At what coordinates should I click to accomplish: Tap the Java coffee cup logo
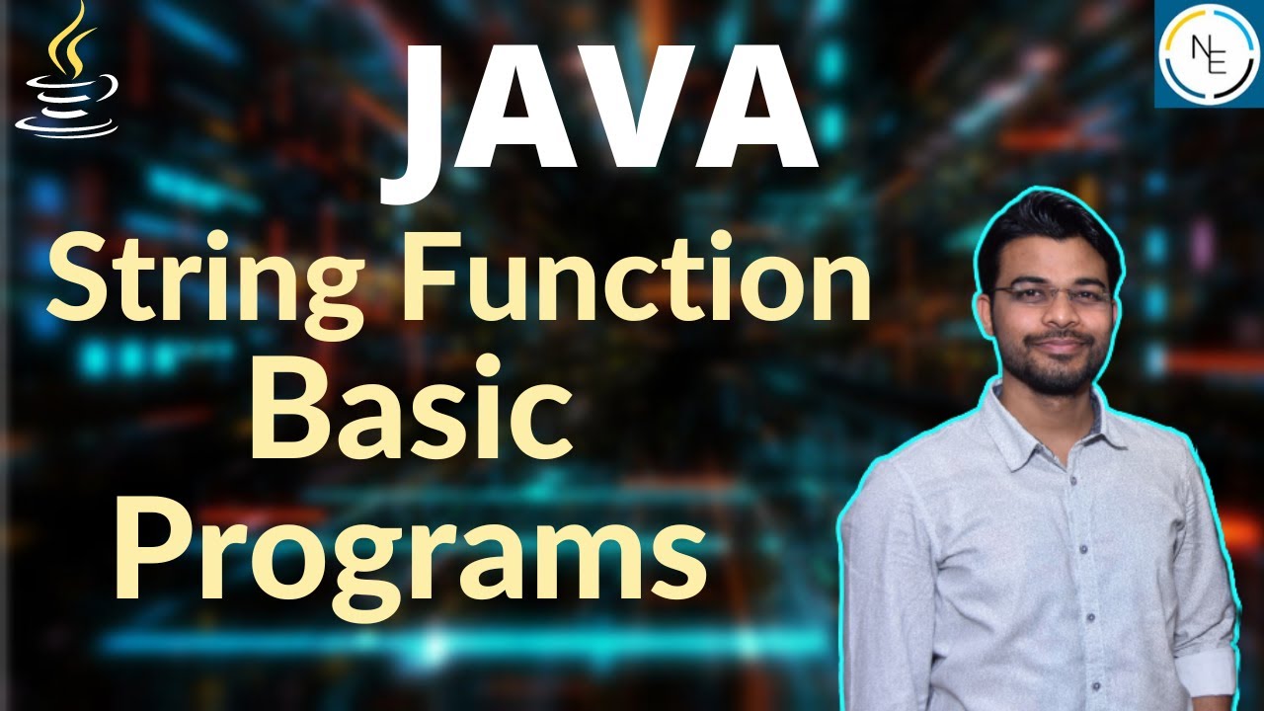pyautogui.click(x=67, y=74)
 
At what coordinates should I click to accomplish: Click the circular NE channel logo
pyautogui.click(x=1207, y=53)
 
